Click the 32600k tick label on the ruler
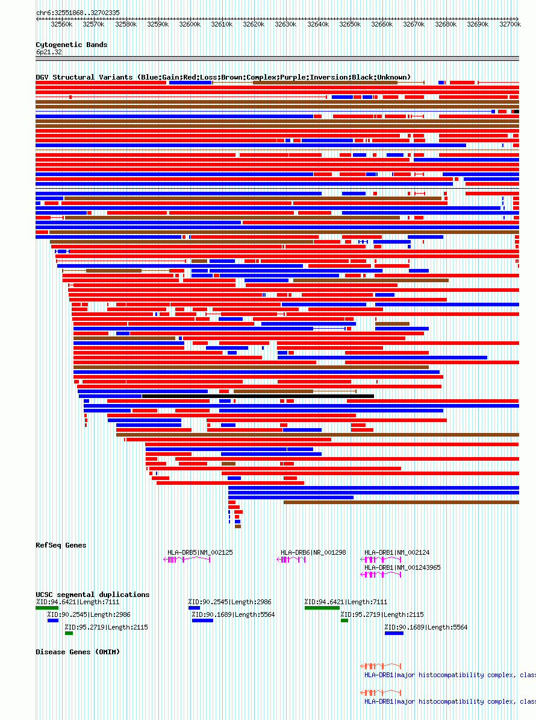point(189,24)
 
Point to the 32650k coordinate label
point(349,24)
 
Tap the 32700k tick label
point(510,24)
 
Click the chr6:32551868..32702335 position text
point(78,13)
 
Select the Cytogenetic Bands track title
point(71,45)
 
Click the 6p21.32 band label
point(49,52)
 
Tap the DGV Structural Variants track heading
point(223,77)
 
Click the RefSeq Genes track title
point(61,545)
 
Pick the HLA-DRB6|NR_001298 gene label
point(313,552)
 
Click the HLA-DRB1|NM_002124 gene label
point(397,552)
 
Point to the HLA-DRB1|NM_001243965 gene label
point(402,567)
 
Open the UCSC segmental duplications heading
point(92,595)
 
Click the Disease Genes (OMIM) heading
point(78,652)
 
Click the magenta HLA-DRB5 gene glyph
point(187,560)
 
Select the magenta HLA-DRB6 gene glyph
point(291,560)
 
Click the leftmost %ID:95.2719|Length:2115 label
point(106,627)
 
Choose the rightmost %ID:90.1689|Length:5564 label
point(426,627)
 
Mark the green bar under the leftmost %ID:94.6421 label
point(47,608)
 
